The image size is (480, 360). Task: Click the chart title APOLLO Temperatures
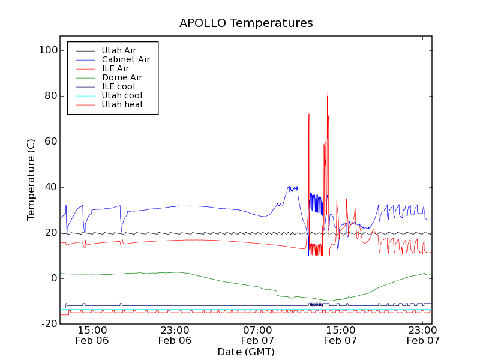click(246, 23)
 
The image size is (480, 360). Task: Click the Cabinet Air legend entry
click(125, 59)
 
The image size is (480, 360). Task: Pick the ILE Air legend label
click(115, 68)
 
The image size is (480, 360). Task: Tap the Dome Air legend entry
click(122, 77)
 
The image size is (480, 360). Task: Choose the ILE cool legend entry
click(118, 86)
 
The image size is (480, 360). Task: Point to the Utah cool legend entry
click(122, 95)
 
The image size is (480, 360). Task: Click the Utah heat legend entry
click(122, 104)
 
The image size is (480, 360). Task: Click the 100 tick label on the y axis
click(47, 50)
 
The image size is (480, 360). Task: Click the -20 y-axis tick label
click(48, 324)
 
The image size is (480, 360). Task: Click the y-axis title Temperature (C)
click(31, 179)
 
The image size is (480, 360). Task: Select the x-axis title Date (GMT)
click(246, 352)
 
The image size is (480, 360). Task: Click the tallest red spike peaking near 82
click(328, 93)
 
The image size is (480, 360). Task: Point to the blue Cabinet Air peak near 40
click(289, 187)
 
